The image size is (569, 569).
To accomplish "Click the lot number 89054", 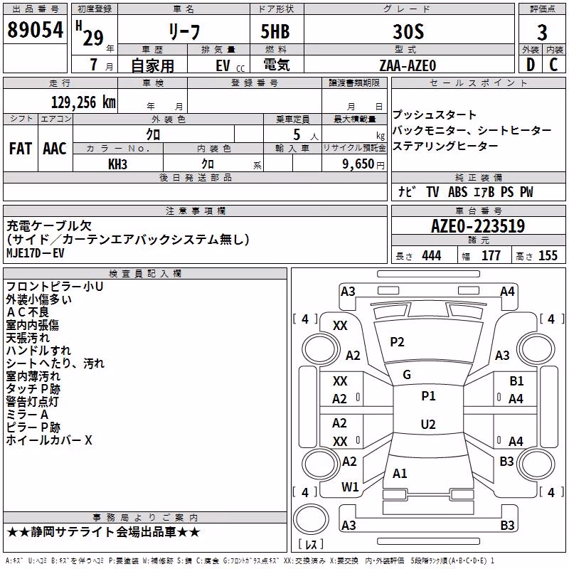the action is point(35,29).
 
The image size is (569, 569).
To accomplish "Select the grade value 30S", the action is point(408,31).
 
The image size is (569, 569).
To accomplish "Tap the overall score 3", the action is point(542,33).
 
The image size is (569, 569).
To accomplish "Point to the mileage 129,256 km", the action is point(83,102).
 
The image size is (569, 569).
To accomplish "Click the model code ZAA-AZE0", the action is point(408,65).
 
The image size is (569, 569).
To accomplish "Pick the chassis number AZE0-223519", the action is point(478,226).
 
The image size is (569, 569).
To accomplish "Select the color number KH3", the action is point(117,164).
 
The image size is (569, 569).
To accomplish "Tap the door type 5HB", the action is point(275,31).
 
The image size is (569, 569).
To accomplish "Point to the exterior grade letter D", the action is point(531,65).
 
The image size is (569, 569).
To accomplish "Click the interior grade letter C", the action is point(553,65).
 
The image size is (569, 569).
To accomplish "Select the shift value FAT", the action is point(21,149).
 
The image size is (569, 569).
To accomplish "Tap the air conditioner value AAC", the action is point(55,149).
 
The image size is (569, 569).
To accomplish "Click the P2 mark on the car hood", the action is point(397,342).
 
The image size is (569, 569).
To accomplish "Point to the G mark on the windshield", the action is point(407,375).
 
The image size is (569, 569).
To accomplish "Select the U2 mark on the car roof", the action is point(428,424).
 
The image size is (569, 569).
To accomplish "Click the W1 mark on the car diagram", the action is point(350,487).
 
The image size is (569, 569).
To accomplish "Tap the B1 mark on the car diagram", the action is point(516,381).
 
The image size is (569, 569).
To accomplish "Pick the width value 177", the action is point(491,255).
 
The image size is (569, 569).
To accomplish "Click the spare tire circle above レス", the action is point(311,519).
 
